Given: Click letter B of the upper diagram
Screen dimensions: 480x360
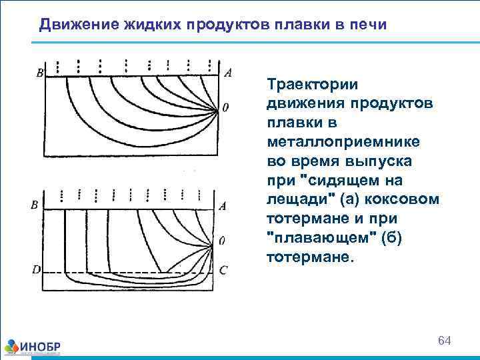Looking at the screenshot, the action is click(40, 74).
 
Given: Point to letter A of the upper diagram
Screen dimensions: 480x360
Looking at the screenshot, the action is click(228, 73).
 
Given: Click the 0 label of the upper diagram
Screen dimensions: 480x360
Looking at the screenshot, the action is click(226, 107).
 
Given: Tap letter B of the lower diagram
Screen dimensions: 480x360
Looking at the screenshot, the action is click(34, 206).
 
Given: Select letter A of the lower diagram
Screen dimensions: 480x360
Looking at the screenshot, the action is click(223, 206).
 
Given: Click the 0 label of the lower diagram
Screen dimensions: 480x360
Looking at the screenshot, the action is click(221, 240).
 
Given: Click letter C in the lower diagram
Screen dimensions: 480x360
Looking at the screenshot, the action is click(223, 270).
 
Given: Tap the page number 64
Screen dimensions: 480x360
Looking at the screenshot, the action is click(445, 341).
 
